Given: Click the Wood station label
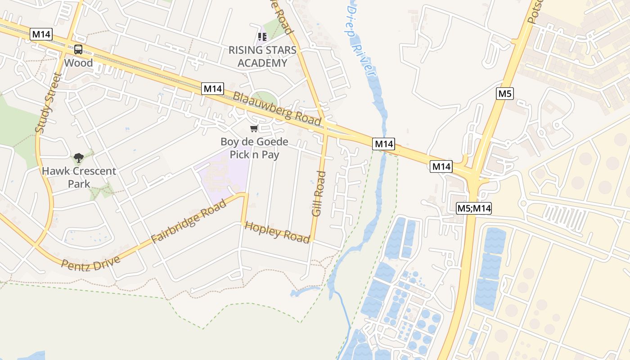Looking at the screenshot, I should (x=78, y=63).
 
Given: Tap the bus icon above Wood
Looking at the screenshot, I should (x=78, y=49).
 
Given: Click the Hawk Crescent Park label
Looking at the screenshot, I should (x=79, y=177).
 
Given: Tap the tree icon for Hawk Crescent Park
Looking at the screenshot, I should (x=79, y=157).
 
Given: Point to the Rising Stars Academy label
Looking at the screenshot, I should (x=262, y=56).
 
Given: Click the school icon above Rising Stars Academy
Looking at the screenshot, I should (x=262, y=36).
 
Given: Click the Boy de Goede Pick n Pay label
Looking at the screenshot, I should (x=254, y=148).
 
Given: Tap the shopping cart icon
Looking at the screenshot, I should (x=254, y=129).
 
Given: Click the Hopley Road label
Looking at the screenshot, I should (x=277, y=232).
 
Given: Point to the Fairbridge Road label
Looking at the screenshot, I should (x=189, y=222).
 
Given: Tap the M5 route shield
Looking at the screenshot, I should (x=505, y=94).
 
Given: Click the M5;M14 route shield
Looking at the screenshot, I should (x=474, y=208).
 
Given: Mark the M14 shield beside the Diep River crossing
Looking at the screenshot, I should (x=384, y=144).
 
